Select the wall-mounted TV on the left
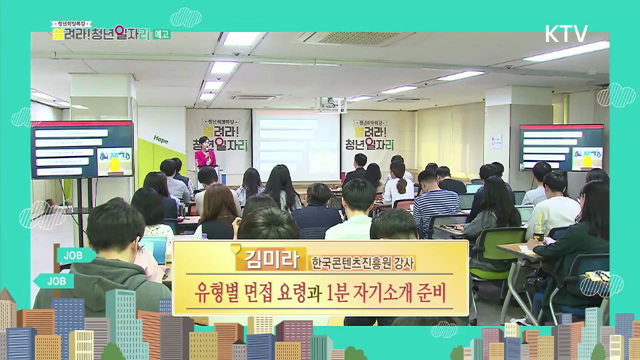click(x=82, y=149)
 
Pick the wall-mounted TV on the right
click(x=561, y=147)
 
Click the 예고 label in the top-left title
click(x=162, y=33)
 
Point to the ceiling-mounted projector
click(x=331, y=103)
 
